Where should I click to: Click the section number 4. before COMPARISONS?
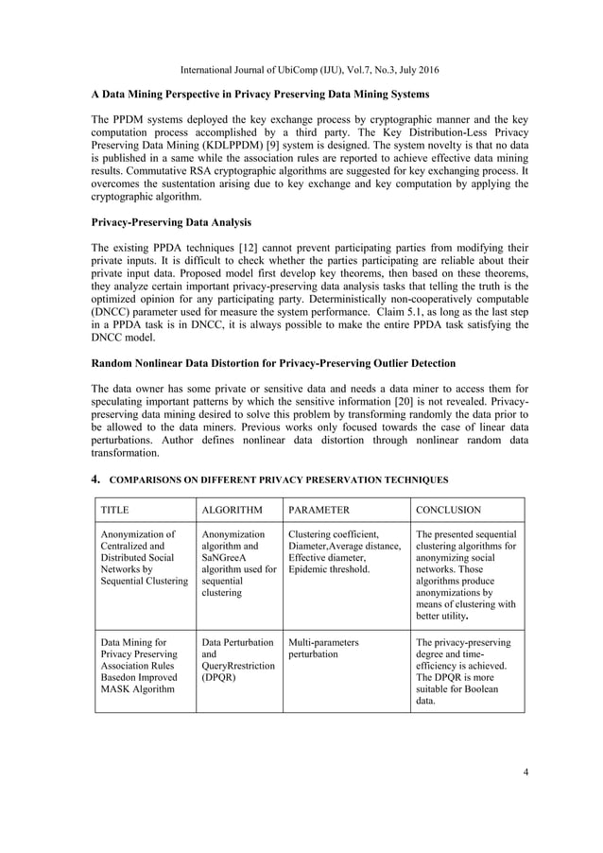click(95, 479)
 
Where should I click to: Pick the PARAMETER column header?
click(319, 510)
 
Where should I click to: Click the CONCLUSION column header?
click(449, 510)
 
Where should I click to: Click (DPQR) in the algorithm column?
click(218, 678)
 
